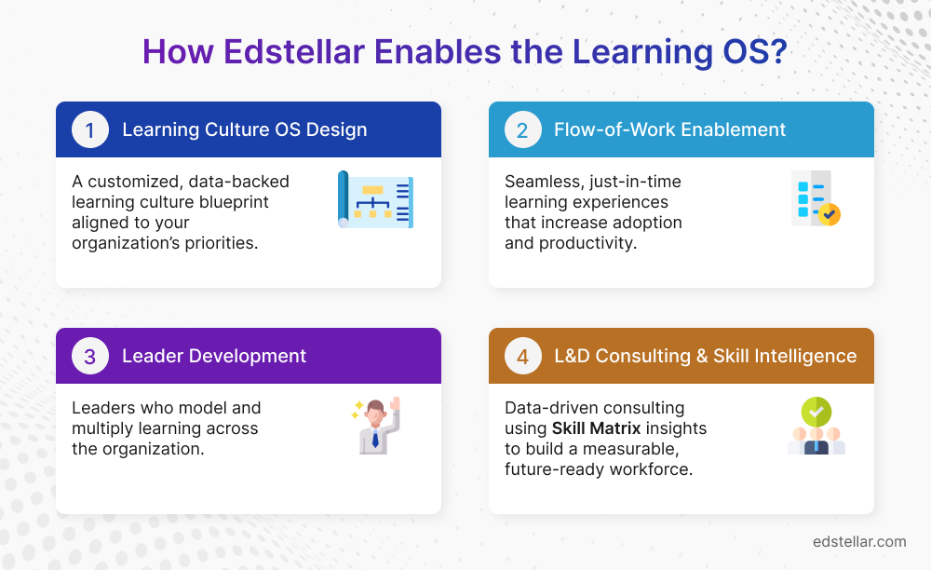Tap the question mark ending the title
[x=776, y=52]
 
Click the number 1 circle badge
[x=90, y=129]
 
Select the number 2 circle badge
[x=522, y=129]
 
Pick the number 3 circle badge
[x=90, y=356]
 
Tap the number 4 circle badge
[x=522, y=356]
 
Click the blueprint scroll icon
[x=375, y=199]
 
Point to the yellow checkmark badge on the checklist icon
[x=829, y=214]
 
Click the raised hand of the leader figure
[x=394, y=404]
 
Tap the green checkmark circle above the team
[x=816, y=411]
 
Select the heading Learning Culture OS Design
[x=244, y=129]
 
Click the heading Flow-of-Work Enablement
[x=669, y=129]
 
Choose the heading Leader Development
[x=214, y=356]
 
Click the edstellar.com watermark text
[x=858, y=541]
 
